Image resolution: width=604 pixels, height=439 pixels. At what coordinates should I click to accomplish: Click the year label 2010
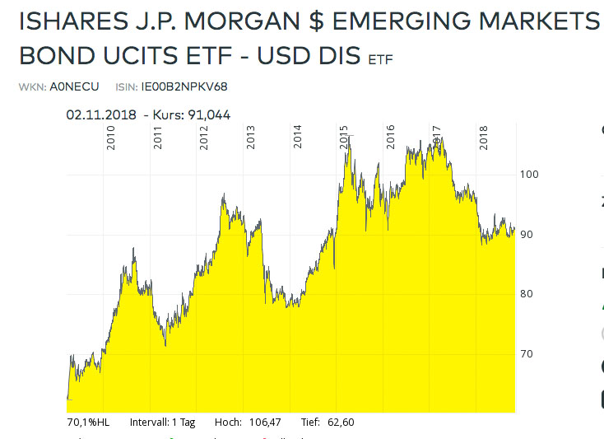click(x=111, y=138)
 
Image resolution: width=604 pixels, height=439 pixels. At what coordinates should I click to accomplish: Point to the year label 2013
click(x=251, y=138)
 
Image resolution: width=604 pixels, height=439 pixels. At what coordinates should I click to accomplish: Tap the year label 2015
click(x=344, y=138)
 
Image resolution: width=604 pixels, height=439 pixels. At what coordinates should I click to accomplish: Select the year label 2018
click(x=485, y=138)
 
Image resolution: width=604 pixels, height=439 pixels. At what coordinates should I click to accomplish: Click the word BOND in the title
click(x=51, y=56)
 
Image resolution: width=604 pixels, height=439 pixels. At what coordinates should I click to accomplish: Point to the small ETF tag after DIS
click(x=381, y=60)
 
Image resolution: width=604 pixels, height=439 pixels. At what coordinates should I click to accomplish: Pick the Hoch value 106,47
click(x=264, y=423)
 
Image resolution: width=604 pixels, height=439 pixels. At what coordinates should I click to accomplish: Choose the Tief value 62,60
click(x=339, y=423)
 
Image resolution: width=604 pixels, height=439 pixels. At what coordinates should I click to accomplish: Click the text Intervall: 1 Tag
click(x=162, y=423)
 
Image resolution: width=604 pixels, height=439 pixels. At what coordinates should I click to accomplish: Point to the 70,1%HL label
click(x=87, y=423)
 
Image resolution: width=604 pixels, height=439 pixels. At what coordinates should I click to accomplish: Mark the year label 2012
click(x=204, y=138)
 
